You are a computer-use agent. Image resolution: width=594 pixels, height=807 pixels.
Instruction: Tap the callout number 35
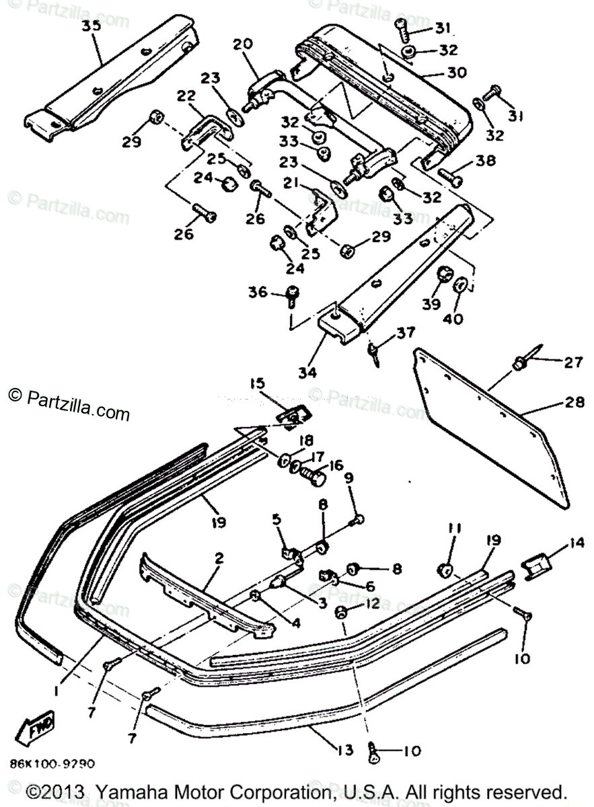click(91, 26)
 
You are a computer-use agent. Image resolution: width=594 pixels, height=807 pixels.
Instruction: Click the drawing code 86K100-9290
click(52, 764)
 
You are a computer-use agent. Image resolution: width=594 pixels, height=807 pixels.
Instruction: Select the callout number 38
click(485, 161)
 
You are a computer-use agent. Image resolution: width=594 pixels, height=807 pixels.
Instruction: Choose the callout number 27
click(572, 362)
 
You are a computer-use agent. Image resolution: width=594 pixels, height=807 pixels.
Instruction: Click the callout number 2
click(219, 558)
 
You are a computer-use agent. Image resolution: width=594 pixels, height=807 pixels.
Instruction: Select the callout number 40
click(453, 318)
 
